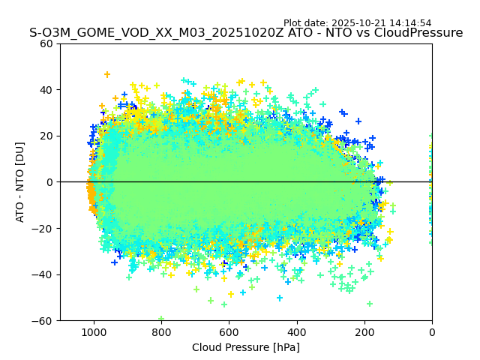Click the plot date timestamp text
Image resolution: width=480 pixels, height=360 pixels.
pyautogui.click(x=357, y=23)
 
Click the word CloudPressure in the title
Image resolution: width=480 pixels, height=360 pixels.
pyautogui.click(x=422, y=33)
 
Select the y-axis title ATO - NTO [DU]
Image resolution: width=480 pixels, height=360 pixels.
pyautogui.click(x=20, y=182)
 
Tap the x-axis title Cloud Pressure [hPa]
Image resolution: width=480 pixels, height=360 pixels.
pyautogui.click(x=246, y=347)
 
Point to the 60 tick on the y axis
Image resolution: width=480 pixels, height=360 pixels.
pyautogui.click(x=47, y=43)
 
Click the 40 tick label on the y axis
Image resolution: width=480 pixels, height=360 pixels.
pyautogui.click(x=47, y=90)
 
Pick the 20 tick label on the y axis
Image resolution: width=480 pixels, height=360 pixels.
pyautogui.click(x=47, y=136)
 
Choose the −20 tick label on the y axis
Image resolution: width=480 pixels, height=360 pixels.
pyautogui.click(x=44, y=228)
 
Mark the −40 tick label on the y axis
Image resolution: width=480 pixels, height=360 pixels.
pyautogui.click(x=44, y=274)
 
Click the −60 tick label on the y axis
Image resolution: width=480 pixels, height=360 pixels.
pyautogui.click(x=44, y=320)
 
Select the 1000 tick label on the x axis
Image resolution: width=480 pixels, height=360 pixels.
pyautogui.click(x=94, y=331)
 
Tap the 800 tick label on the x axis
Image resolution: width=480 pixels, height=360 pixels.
pyautogui.click(x=161, y=331)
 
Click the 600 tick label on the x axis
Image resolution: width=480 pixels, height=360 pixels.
pyautogui.click(x=229, y=331)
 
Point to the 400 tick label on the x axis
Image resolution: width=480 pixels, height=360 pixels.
pyautogui.click(x=297, y=331)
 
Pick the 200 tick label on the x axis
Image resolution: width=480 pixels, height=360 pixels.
pyautogui.click(x=364, y=331)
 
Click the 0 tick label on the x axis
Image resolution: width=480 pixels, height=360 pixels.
pyautogui.click(x=432, y=331)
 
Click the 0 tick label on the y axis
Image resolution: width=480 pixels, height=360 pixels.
pyautogui.click(x=50, y=182)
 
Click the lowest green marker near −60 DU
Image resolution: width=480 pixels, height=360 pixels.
pyautogui.click(x=161, y=319)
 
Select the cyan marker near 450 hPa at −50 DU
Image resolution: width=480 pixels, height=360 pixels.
pyautogui.click(x=280, y=298)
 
